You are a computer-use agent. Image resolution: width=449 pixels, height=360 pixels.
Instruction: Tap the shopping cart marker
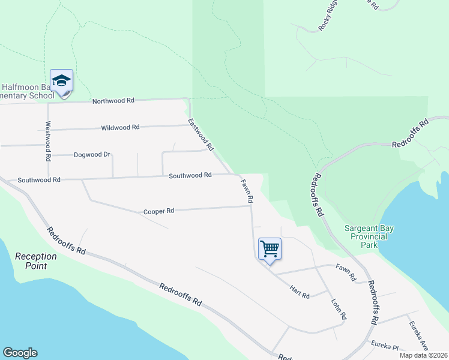[x=270, y=248]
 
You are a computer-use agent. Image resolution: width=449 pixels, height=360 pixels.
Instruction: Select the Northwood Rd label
[x=113, y=101]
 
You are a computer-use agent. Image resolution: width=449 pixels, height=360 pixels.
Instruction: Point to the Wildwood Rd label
[x=120, y=127]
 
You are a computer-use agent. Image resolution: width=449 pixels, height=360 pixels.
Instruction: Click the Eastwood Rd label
[x=201, y=134]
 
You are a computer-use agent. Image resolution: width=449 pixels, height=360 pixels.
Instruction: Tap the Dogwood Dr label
[x=92, y=154]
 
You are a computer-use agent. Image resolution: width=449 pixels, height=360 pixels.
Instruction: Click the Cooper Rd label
[x=158, y=211]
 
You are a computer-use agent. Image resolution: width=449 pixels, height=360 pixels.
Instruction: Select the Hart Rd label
[x=300, y=292]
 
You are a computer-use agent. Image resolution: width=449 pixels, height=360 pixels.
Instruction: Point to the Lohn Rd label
[x=339, y=308]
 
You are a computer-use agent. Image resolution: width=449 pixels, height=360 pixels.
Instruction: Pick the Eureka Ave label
[x=418, y=335]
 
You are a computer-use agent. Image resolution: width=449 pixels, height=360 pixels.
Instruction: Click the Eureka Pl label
[x=385, y=346]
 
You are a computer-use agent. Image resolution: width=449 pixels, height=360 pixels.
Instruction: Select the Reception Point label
[x=36, y=260]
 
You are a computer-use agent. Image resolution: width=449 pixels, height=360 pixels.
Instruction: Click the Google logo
[x=20, y=353]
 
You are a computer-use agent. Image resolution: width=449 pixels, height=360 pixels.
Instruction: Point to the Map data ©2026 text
[x=423, y=355]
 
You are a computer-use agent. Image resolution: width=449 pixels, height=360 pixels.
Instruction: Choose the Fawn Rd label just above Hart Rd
[x=346, y=274]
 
